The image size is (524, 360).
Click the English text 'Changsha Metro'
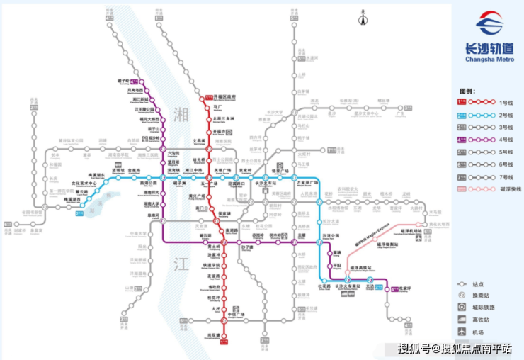(489, 59)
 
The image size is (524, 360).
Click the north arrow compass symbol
(363, 17)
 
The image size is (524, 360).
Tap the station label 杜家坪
(405, 288)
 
